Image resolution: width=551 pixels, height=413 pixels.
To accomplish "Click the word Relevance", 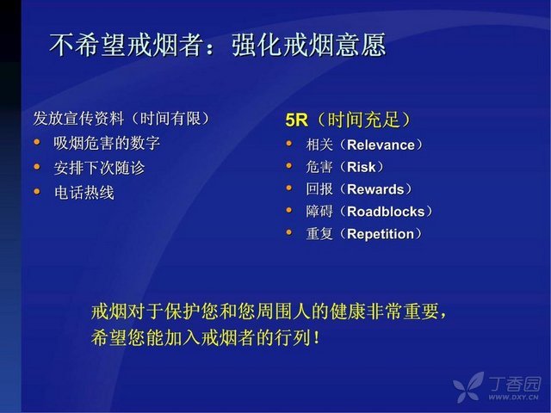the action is click(381, 145).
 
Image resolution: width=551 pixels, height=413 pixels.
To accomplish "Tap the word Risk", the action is click(362, 167).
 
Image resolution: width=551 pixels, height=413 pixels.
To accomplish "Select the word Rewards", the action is click(375, 189).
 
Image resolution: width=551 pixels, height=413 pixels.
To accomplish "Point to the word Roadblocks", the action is click(386, 212).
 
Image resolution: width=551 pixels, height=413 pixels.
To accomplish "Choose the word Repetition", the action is click(381, 234).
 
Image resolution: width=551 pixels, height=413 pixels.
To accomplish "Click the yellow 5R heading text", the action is click(296, 120).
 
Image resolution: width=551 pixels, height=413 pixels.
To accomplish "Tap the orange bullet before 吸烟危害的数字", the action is click(37, 142).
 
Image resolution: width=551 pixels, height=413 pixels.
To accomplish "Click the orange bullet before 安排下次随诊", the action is click(37, 167).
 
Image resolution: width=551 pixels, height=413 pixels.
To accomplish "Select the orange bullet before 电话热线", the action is click(37, 191).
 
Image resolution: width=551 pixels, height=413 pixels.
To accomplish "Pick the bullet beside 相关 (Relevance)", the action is click(289, 144).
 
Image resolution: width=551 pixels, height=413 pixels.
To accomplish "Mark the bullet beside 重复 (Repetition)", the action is click(289, 232).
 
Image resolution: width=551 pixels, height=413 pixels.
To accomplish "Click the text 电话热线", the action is click(84, 193).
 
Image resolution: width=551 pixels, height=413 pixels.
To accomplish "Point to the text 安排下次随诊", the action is click(100, 168).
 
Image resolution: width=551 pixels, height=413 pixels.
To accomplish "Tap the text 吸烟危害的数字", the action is click(107, 144).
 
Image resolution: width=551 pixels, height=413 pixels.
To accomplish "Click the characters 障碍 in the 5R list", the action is click(319, 212).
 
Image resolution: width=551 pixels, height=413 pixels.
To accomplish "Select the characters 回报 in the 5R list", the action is click(319, 189).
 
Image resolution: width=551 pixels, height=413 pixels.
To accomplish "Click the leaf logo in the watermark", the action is click(467, 387).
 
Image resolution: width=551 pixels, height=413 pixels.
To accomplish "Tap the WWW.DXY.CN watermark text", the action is click(513, 398).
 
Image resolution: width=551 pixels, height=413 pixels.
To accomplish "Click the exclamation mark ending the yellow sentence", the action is click(317, 338).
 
